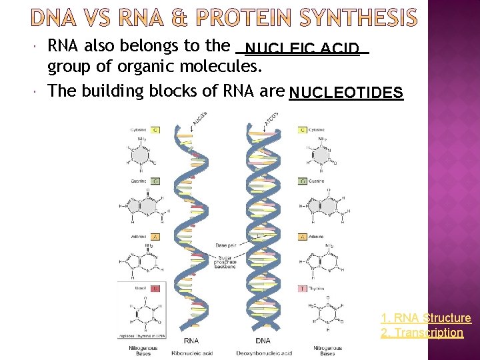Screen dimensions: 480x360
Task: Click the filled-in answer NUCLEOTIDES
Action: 347,93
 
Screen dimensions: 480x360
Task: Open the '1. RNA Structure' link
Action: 425,318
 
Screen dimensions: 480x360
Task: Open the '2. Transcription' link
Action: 421,332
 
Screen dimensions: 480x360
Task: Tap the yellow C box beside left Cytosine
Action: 155,130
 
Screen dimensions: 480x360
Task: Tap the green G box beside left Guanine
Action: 155,181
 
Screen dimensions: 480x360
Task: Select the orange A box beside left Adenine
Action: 155,237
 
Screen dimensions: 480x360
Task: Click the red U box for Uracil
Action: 155,289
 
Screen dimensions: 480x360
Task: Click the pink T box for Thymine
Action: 303,289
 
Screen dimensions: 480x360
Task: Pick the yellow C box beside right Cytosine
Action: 303,130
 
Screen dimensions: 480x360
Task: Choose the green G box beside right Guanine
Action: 303,181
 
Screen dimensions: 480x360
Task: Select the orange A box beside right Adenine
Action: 303,237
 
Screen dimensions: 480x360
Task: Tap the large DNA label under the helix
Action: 262,341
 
